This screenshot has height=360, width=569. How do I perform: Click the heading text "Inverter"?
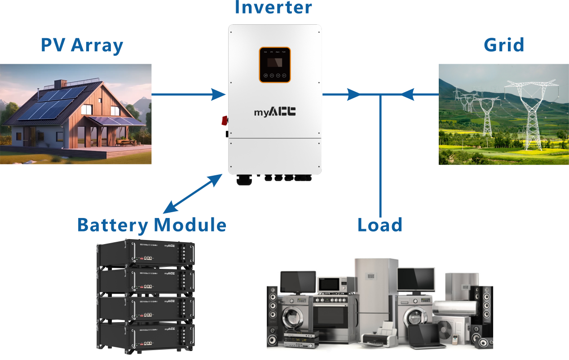point(273,8)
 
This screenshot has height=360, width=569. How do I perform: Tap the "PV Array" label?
point(82,45)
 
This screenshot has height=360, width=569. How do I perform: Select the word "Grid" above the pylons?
point(504,45)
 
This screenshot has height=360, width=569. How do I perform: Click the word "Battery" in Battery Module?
point(112,224)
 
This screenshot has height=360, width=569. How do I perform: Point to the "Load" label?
point(380,225)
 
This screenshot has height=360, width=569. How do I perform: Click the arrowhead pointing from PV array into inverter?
point(219,94)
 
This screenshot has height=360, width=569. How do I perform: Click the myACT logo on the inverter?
point(274,112)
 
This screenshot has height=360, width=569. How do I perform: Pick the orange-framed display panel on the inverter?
point(275,65)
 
